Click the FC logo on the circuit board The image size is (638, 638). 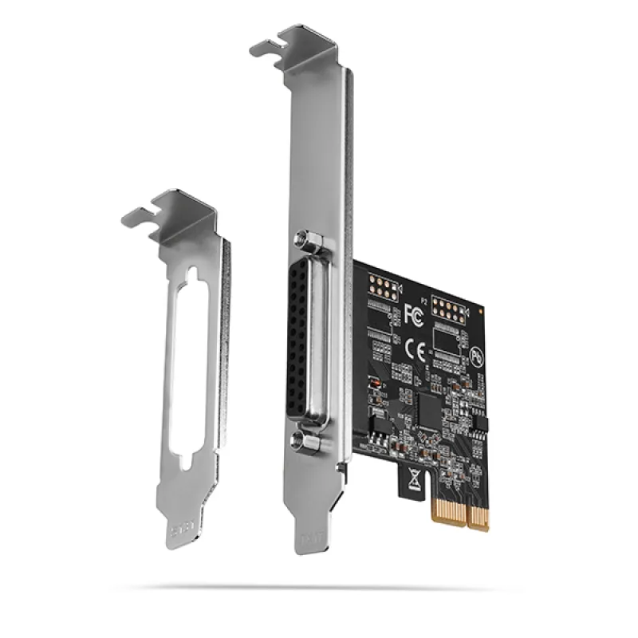coord(412,313)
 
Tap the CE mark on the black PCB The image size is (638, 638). coord(415,349)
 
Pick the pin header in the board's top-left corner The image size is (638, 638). coord(382,289)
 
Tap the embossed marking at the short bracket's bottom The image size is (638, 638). coord(183,530)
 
